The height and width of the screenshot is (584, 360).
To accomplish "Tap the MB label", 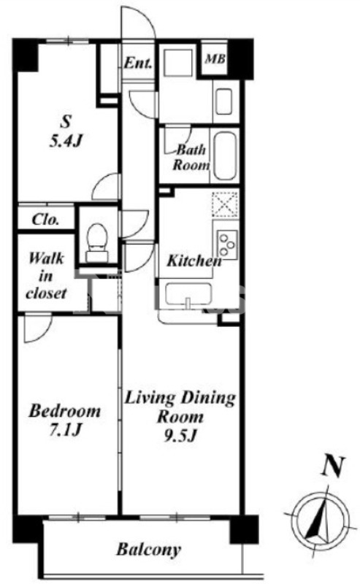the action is (215, 58).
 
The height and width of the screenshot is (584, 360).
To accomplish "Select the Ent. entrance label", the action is (138, 63).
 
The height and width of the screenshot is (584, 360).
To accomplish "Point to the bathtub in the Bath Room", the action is (225, 155).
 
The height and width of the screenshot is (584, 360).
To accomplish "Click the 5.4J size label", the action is (65, 141).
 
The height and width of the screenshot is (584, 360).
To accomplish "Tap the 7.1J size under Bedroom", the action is (65, 430).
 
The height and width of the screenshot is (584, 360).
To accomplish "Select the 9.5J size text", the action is (180, 435).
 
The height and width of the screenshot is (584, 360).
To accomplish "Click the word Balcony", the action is (148, 550).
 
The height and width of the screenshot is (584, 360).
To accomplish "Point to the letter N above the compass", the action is (332, 466).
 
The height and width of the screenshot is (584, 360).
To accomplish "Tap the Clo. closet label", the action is (45, 220).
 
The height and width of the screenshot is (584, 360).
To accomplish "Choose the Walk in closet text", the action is (46, 276).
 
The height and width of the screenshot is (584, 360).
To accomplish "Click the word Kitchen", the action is (194, 261).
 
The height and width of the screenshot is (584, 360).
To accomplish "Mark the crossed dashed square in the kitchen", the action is (225, 204).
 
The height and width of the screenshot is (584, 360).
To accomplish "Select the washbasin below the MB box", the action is (223, 101).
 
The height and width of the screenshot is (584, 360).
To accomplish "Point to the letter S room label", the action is (65, 122).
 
